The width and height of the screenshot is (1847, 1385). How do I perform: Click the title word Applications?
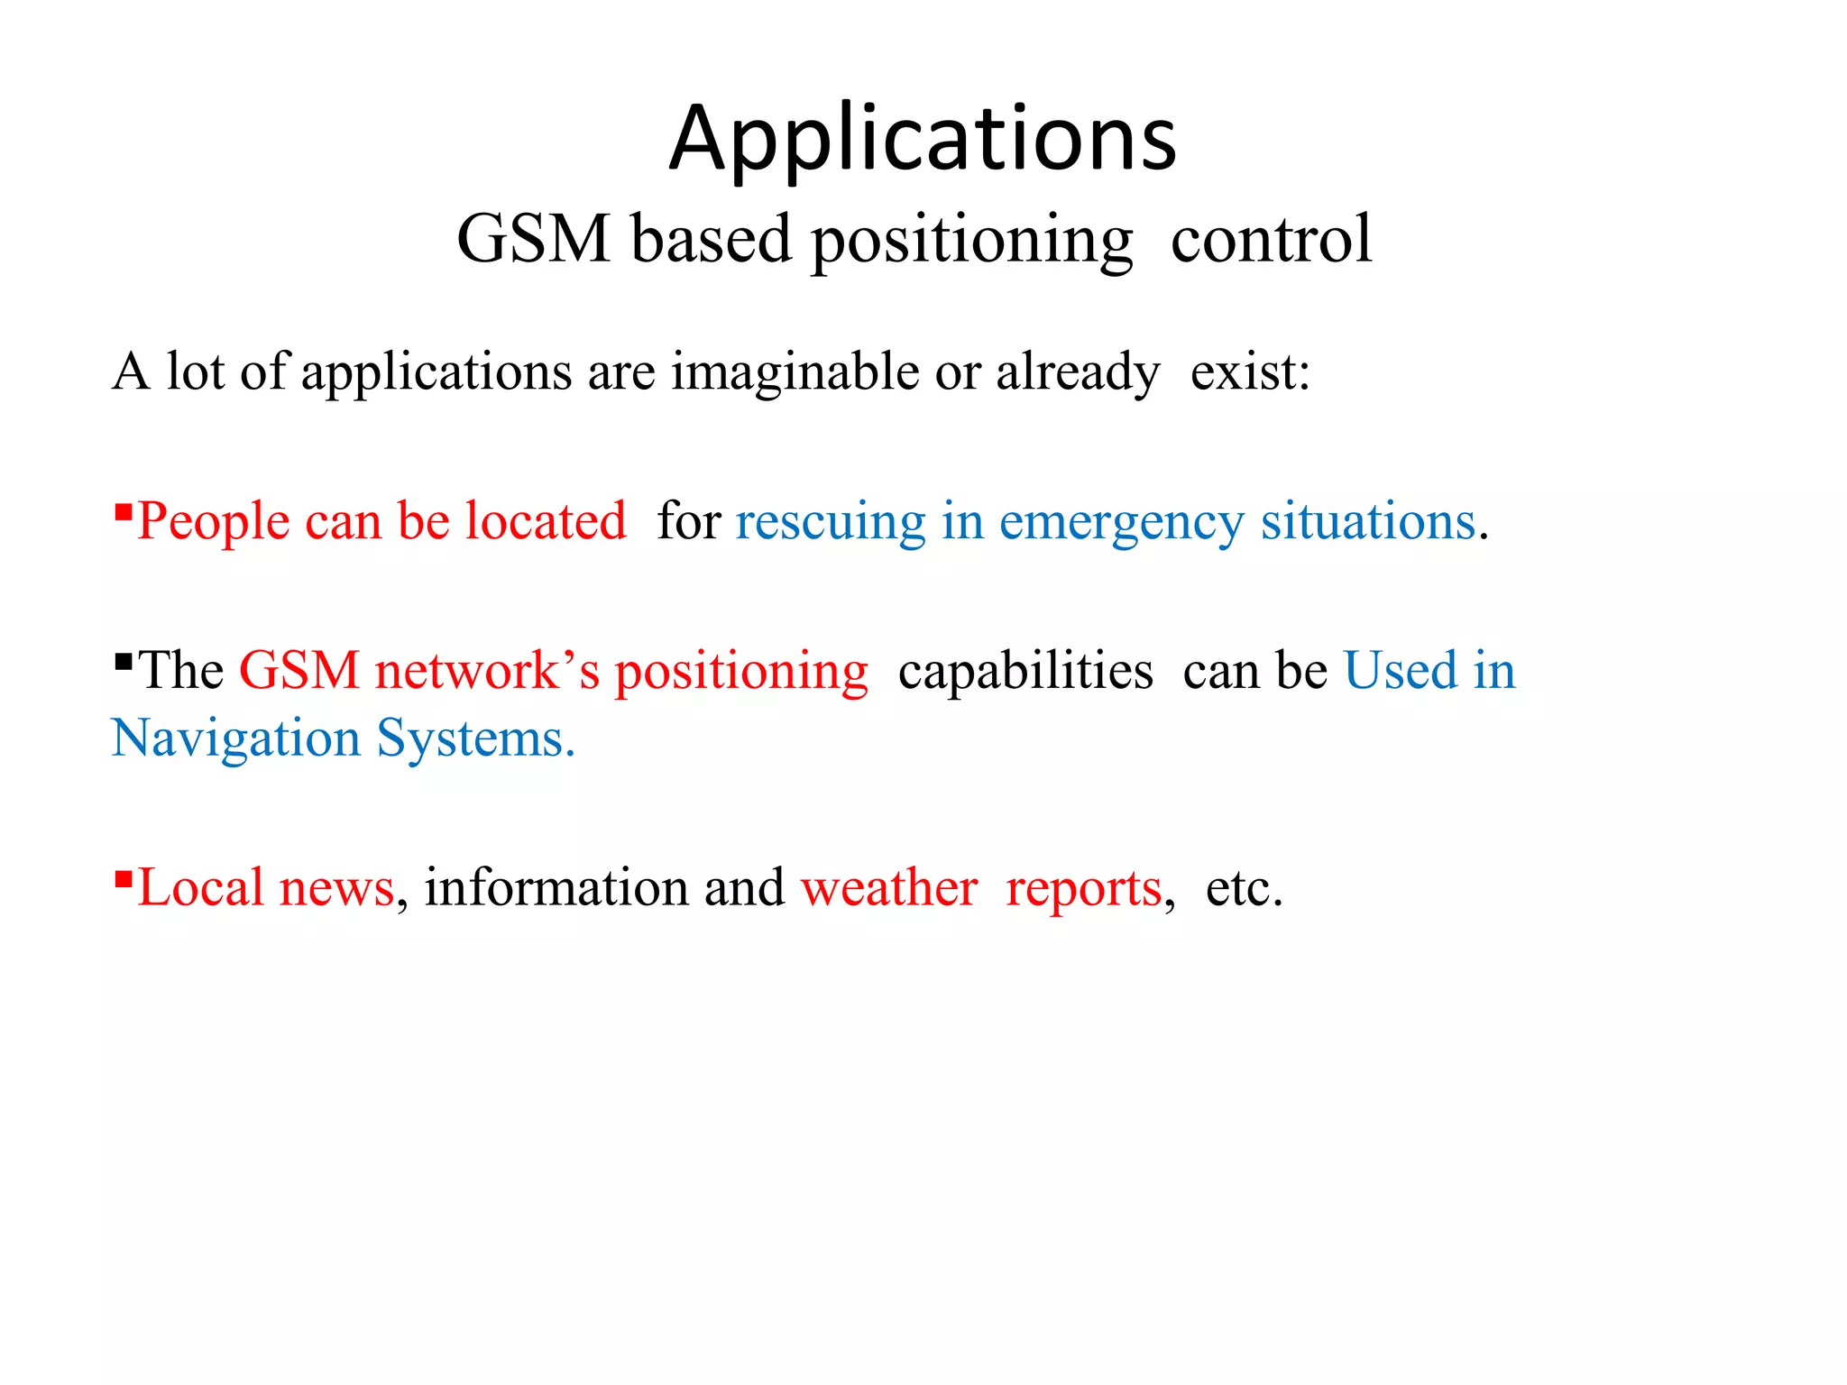[x=923, y=140]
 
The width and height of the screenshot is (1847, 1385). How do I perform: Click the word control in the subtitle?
[x=1271, y=239]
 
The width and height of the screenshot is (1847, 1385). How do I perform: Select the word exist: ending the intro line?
[x=1249, y=372]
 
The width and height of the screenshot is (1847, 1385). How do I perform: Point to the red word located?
[x=546, y=522]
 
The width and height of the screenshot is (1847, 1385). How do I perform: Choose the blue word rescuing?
[x=830, y=522]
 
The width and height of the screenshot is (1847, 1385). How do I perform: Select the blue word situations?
[x=1367, y=522]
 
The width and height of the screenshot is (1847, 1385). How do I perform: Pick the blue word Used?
[x=1400, y=672]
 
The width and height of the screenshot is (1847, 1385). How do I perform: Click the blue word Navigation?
[x=235, y=740]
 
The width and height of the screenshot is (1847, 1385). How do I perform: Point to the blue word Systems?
[x=474, y=740]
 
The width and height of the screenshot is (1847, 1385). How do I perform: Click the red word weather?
[x=889, y=888]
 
